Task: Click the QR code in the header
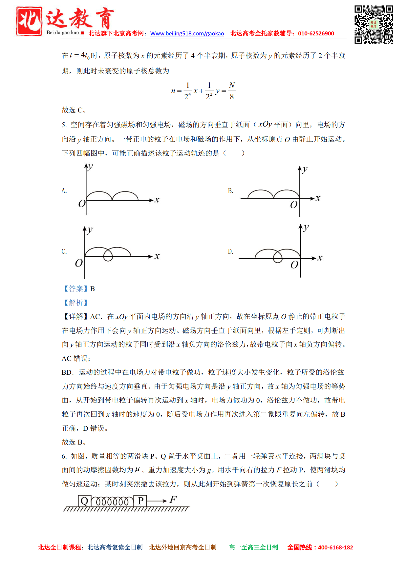coord(374,24)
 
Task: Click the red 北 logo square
coord(29,21)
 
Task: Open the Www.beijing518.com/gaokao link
coord(187,33)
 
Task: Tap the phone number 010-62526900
coord(316,33)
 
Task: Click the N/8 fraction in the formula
coord(232,91)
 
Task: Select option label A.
coord(64,191)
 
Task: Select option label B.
coord(231,191)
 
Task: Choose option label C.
coord(64,251)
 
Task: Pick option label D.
coord(231,251)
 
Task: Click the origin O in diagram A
coord(82,204)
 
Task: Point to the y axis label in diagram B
coord(305,169)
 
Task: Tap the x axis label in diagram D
coord(320,258)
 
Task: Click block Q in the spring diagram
coord(84,501)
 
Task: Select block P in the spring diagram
coord(140,501)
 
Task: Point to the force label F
coord(173,500)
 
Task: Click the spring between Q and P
coord(112,501)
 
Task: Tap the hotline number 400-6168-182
coord(335,547)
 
